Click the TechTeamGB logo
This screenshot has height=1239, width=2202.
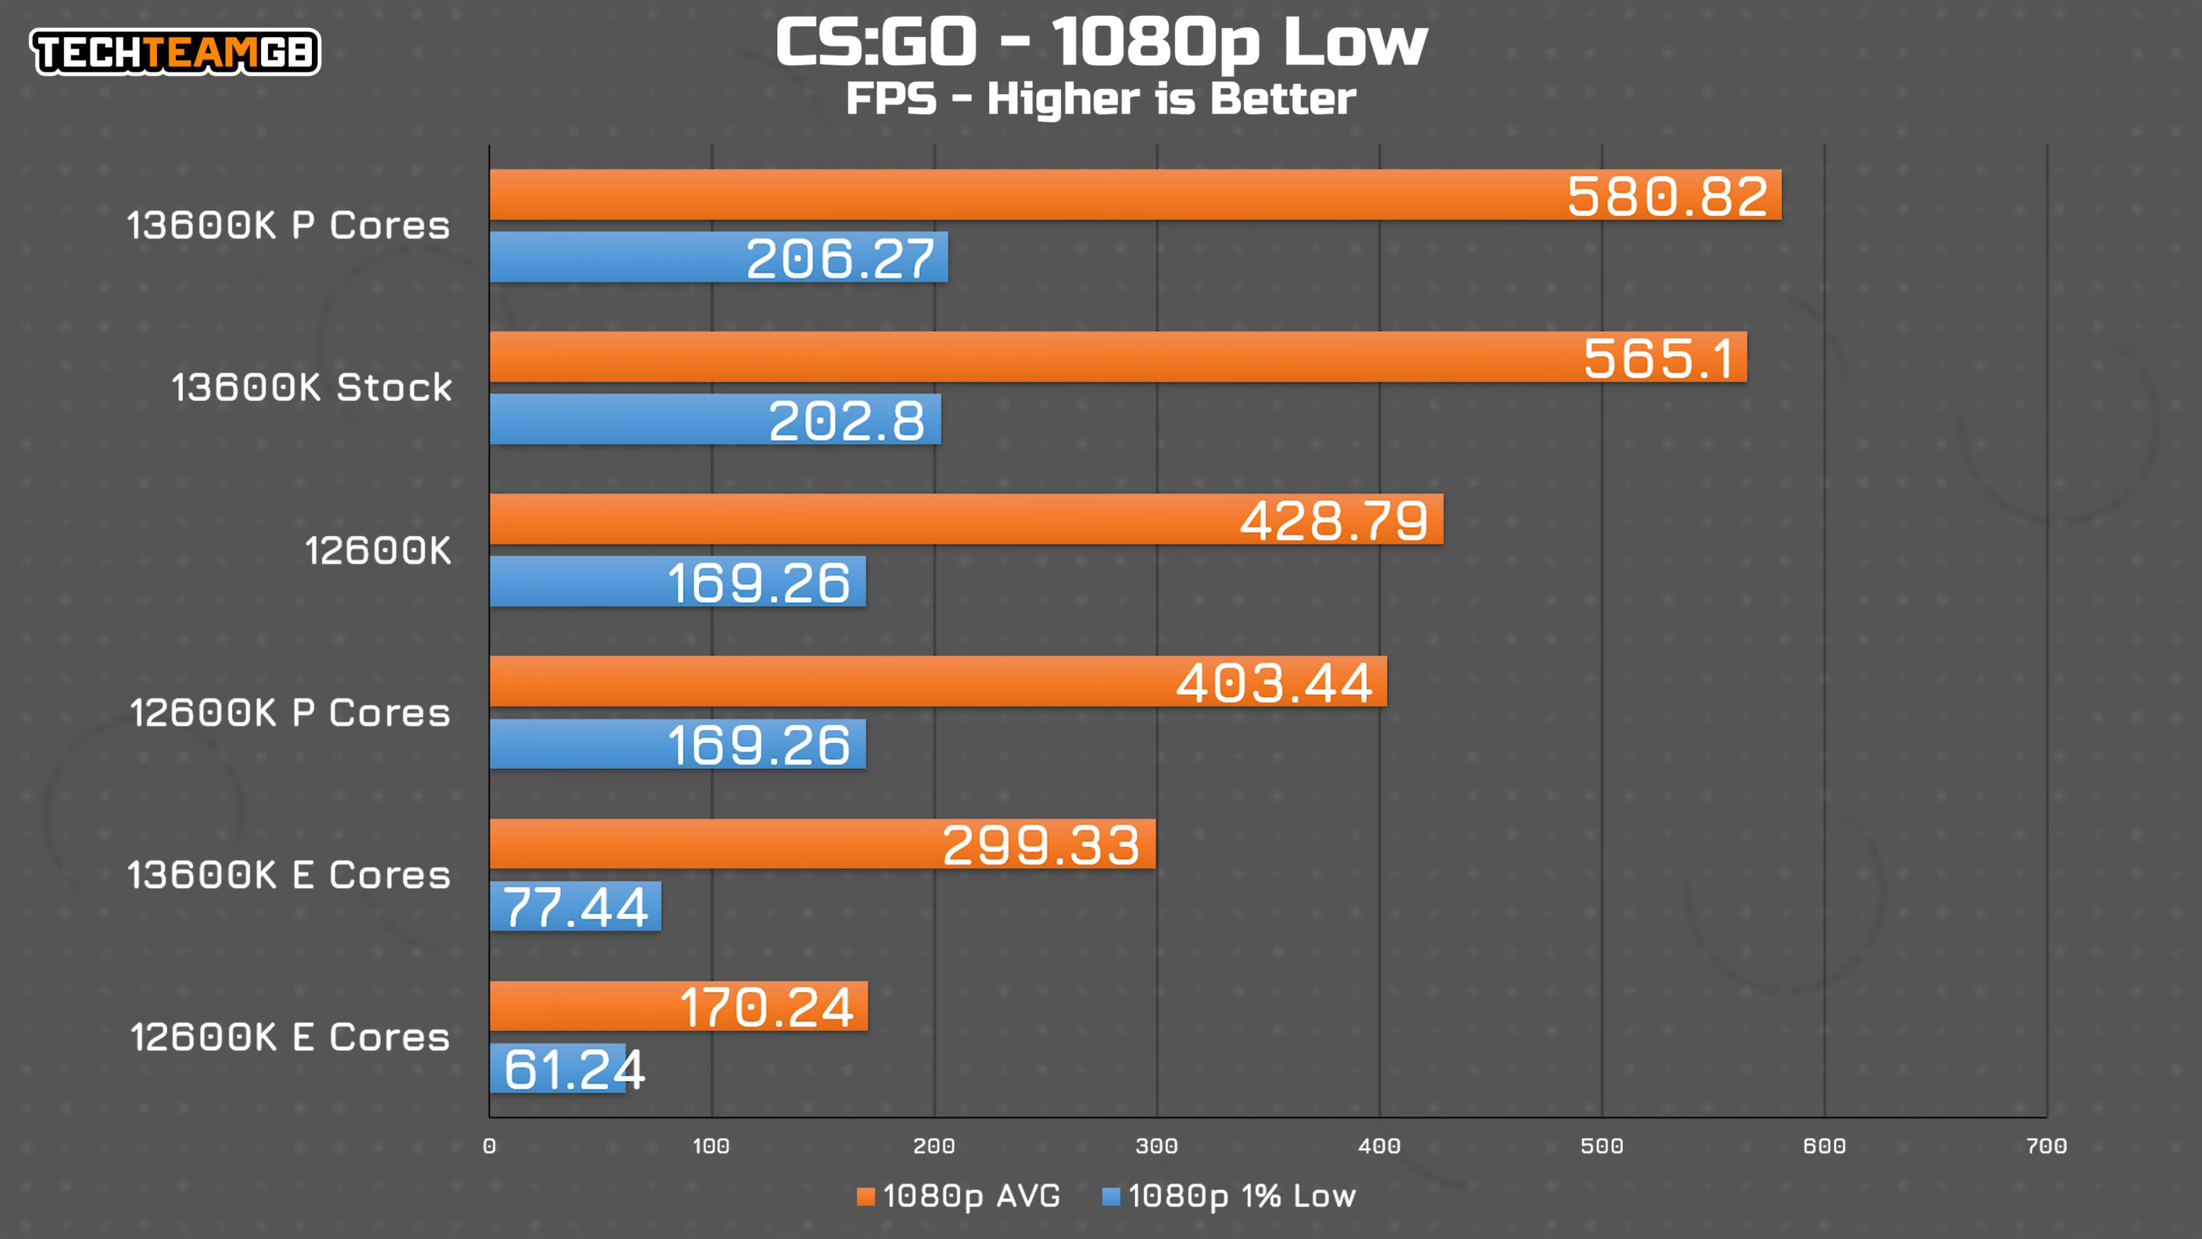[x=175, y=52]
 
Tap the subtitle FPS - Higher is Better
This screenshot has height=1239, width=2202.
[x=1100, y=99]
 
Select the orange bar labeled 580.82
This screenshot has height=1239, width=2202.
[x=1136, y=195]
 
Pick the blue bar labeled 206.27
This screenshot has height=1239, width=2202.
[x=718, y=257]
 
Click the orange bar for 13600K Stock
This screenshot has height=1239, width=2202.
[x=1118, y=358]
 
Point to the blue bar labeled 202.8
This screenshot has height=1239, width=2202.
[x=714, y=420]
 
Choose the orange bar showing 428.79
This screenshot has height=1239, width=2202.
[x=966, y=519]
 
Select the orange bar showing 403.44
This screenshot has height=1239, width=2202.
[x=937, y=682]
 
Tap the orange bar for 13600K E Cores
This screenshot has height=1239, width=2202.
[x=822, y=844]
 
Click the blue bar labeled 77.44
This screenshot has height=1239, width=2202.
[x=575, y=906]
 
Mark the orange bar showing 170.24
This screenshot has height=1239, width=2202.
[x=679, y=1007]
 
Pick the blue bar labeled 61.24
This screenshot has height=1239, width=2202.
[x=557, y=1069]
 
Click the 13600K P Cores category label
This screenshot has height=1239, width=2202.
[x=288, y=225]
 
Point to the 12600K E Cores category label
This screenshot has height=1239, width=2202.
[x=290, y=1037]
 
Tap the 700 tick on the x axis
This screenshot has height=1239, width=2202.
[x=2046, y=1146]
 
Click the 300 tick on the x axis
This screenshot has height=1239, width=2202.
[x=1157, y=1146]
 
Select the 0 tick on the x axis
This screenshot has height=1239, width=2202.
[x=489, y=1146]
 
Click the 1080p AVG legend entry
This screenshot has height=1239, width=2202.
[x=959, y=1196]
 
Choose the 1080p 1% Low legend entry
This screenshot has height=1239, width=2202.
[x=1229, y=1196]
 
